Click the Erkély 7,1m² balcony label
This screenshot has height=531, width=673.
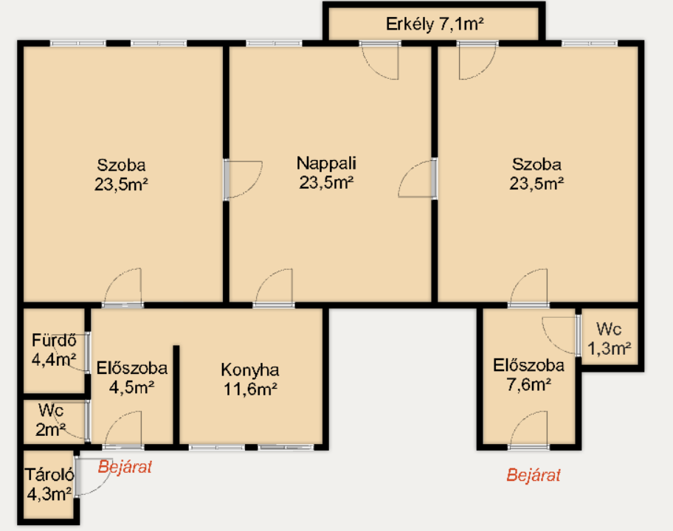click(x=435, y=24)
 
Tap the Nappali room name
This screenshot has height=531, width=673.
click(x=326, y=164)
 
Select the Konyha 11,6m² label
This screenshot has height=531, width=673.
click(x=250, y=380)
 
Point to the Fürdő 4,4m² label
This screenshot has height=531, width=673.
click(x=54, y=350)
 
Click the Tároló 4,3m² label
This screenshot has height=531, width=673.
click(x=49, y=485)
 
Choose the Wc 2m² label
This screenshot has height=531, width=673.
click(x=51, y=420)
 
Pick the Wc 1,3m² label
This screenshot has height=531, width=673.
click(x=609, y=339)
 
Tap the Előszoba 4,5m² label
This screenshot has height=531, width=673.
click(x=132, y=378)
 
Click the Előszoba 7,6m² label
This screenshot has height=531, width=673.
click(x=529, y=375)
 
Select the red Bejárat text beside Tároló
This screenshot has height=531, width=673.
click(x=125, y=467)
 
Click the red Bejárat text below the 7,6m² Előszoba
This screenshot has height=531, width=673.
click(x=534, y=475)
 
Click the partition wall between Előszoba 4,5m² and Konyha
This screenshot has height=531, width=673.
click(x=176, y=395)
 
